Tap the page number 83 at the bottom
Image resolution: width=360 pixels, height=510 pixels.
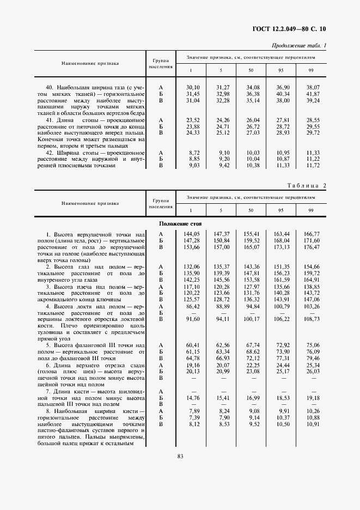180,456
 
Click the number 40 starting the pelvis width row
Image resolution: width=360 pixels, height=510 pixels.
48,87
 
